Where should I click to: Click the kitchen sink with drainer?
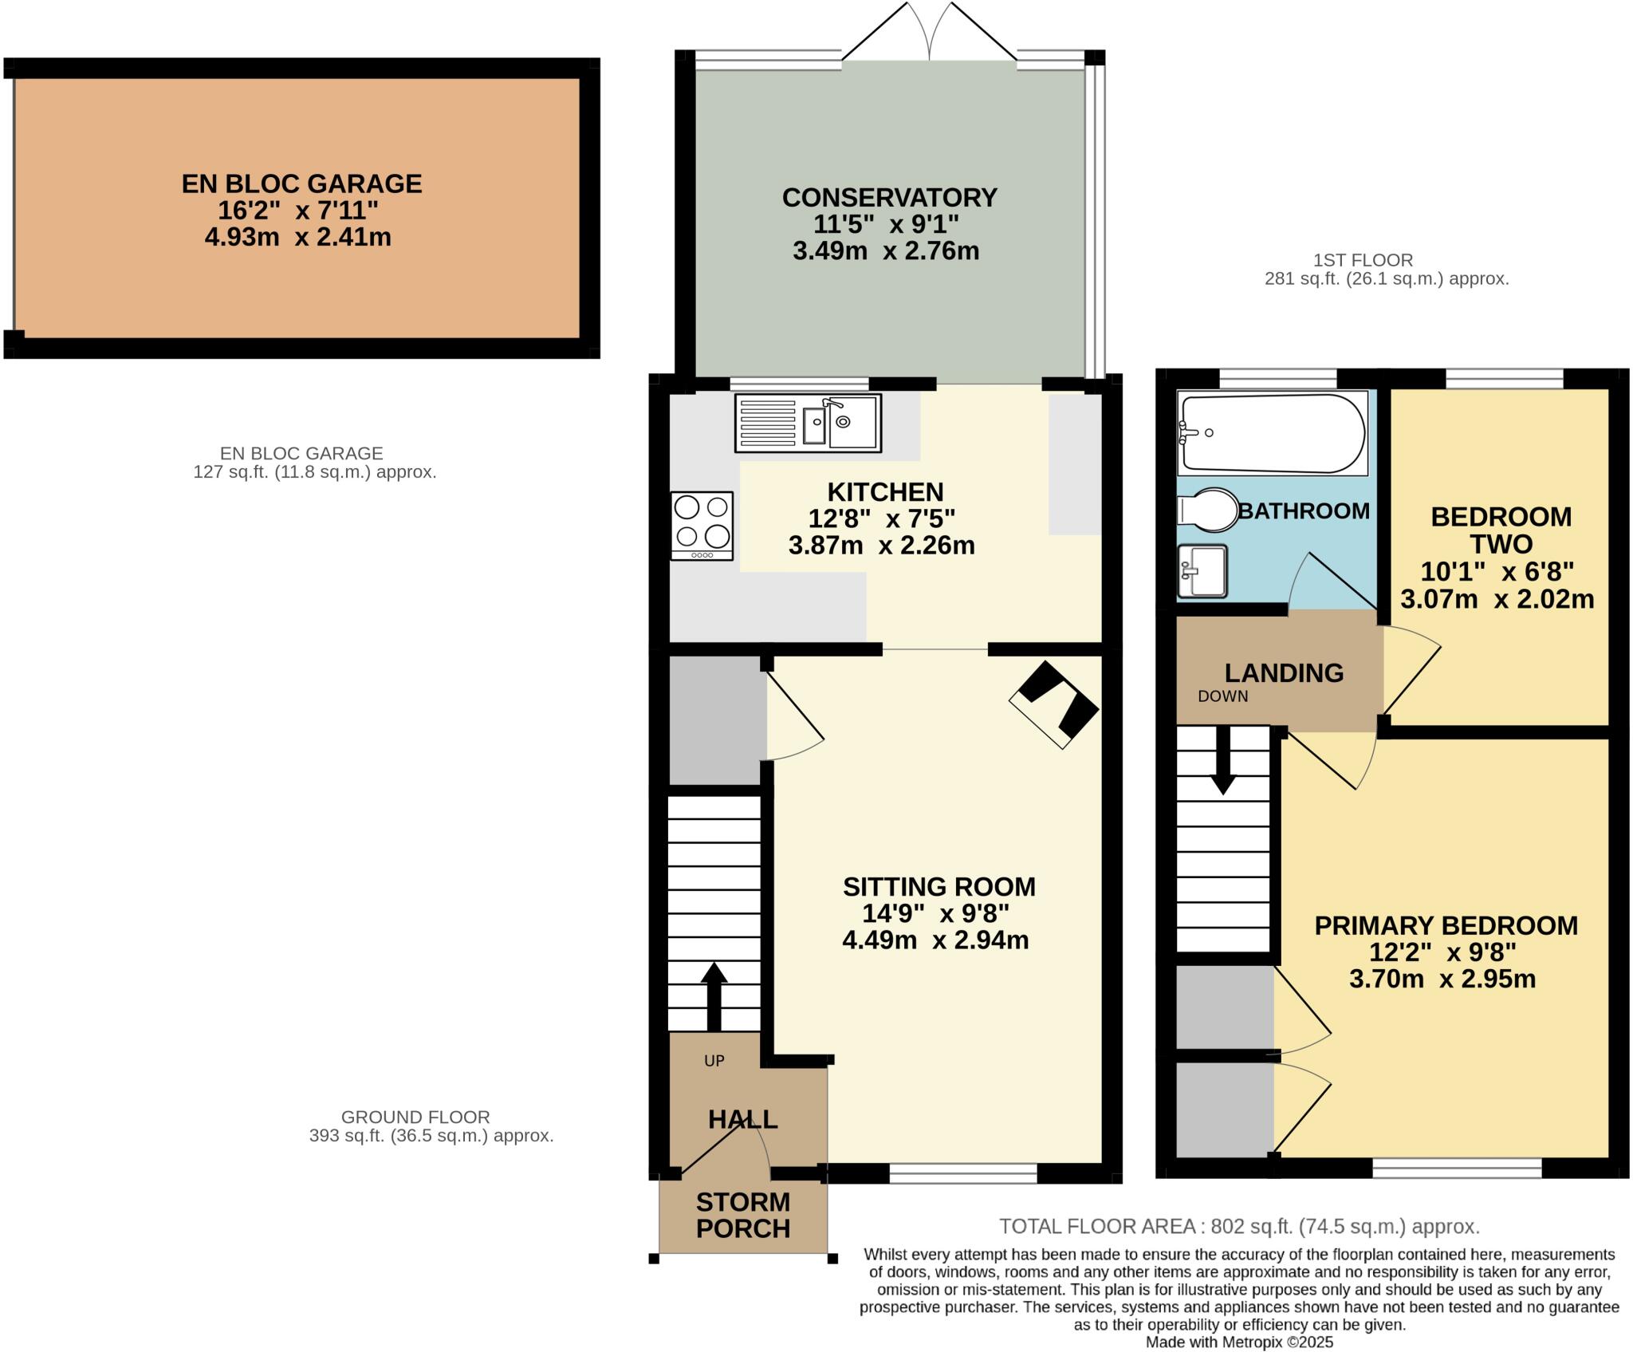pyautogui.click(x=807, y=424)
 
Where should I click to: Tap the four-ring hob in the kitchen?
pyautogui.click(x=702, y=525)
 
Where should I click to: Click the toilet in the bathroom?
pyautogui.click(x=1207, y=510)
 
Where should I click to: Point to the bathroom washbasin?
pyautogui.click(x=1202, y=570)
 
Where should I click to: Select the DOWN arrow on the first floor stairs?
pyautogui.click(x=1222, y=761)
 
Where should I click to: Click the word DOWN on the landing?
pyautogui.click(x=1222, y=696)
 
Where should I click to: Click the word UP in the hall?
pyautogui.click(x=714, y=1061)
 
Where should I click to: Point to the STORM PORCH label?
pyautogui.click(x=742, y=1215)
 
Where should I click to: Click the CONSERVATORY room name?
pyautogui.click(x=889, y=197)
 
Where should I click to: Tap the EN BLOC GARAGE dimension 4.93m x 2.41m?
pyautogui.click(x=297, y=238)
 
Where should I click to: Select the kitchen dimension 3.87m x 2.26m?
pyautogui.click(x=881, y=546)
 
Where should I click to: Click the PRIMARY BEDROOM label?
pyautogui.click(x=1446, y=925)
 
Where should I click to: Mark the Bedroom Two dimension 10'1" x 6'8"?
pyautogui.click(x=1497, y=572)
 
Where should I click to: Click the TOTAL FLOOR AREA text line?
pyautogui.click(x=1239, y=1226)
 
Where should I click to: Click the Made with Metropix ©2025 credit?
pyautogui.click(x=1239, y=1342)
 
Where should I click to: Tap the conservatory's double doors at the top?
pyautogui.click(x=929, y=32)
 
